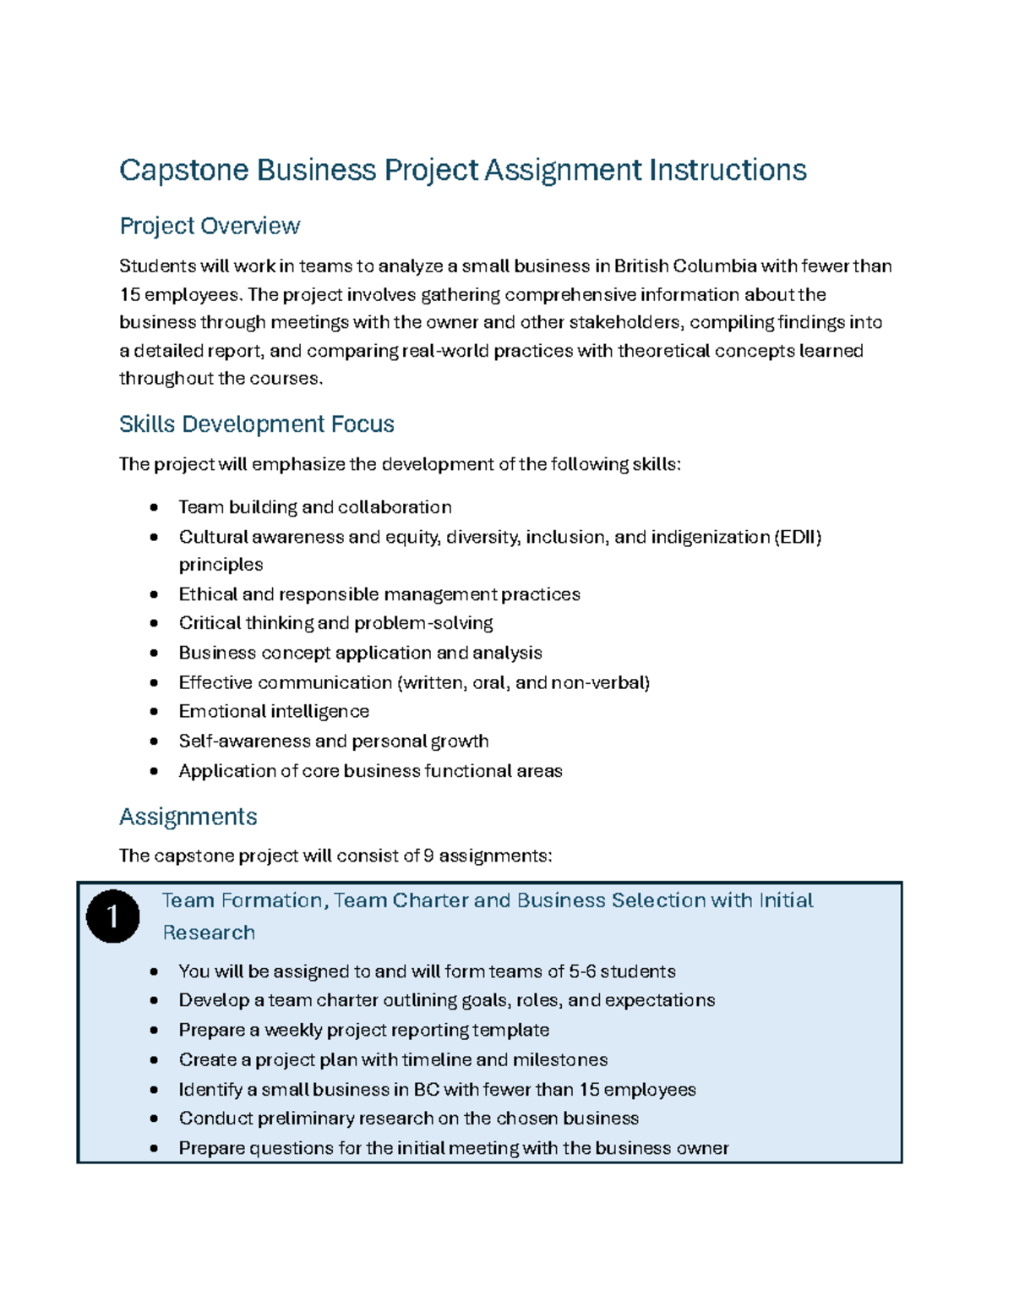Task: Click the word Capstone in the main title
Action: pyautogui.click(x=184, y=171)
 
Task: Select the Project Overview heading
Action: pyautogui.click(x=210, y=226)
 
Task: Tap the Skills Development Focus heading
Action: pyautogui.click(x=256, y=424)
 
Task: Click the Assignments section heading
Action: pyautogui.click(x=188, y=817)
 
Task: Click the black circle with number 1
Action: pyautogui.click(x=112, y=916)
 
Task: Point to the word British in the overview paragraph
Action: pyautogui.click(x=641, y=266)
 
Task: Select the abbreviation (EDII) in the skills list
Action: pyautogui.click(x=797, y=537)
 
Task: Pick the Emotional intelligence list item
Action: pyautogui.click(x=274, y=711)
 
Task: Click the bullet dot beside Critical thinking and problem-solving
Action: pyautogui.click(x=154, y=623)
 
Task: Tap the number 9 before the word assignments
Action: pyautogui.click(x=428, y=856)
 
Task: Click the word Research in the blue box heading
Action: pyautogui.click(x=209, y=933)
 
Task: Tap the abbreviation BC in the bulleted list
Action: pyautogui.click(x=426, y=1090)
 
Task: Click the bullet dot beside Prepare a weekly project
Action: pyautogui.click(x=154, y=1031)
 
